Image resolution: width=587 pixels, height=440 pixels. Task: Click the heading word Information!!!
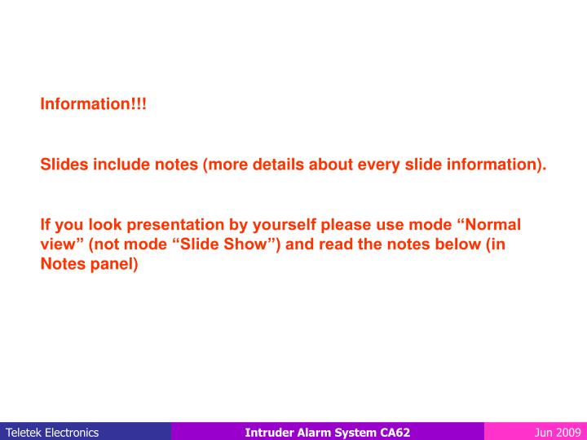click(x=94, y=105)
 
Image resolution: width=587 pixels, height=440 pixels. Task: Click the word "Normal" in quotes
click(x=490, y=225)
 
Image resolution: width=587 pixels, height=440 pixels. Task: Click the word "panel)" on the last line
click(x=115, y=266)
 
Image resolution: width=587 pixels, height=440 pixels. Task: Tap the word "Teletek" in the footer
click(x=24, y=432)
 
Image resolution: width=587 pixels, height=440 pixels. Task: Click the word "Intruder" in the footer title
click(x=268, y=432)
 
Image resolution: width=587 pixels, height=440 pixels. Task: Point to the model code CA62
click(x=395, y=432)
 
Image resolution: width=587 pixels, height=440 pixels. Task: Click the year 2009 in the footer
click(x=567, y=432)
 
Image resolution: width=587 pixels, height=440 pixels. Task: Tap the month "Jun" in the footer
click(x=544, y=432)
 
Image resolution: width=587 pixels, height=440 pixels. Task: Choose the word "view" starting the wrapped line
click(x=56, y=245)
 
